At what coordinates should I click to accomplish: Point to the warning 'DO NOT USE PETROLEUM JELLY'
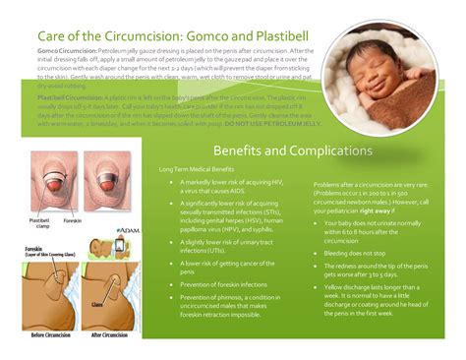pyautogui.click(x=259, y=125)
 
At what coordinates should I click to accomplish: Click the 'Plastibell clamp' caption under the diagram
pyautogui.click(x=40, y=223)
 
